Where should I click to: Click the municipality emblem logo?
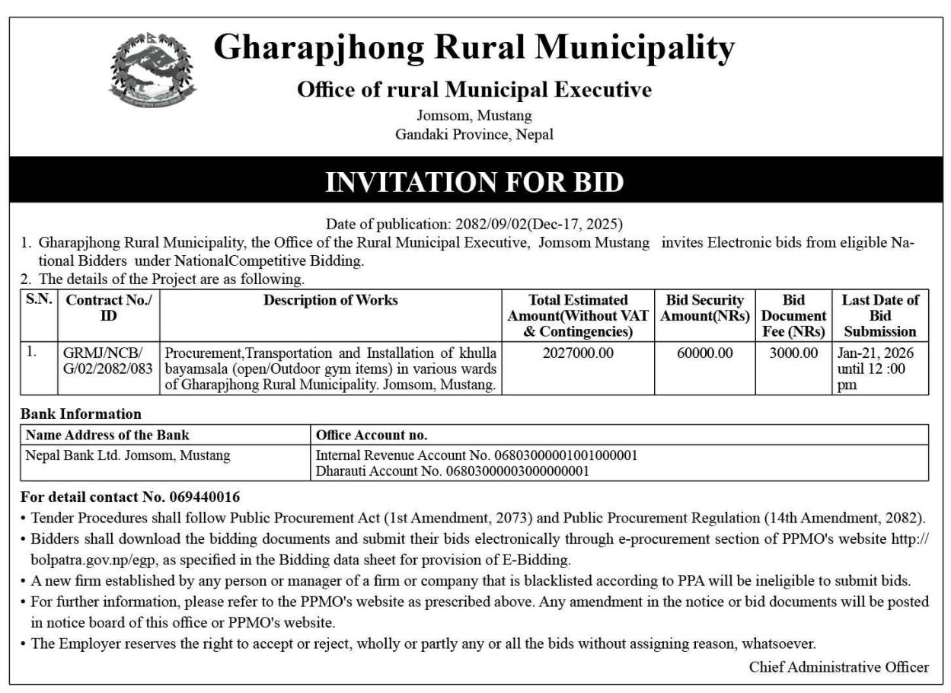[x=152, y=70]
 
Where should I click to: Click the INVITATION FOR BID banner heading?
[x=474, y=182]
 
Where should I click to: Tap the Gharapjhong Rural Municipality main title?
[x=474, y=49]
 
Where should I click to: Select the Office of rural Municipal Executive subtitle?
[x=474, y=90]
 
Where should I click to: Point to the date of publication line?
[x=474, y=224]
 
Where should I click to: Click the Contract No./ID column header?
[x=109, y=308]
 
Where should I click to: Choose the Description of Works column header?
[x=330, y=301]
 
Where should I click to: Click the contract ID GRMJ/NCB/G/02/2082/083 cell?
[x=108, y=361]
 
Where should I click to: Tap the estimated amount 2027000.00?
[x=578, y=353]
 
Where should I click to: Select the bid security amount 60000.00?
[x=705, y=353]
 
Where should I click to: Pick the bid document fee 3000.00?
[x=793, y=353]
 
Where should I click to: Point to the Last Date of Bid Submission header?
[x=879, y=315]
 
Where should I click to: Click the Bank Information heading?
[x=81, y=414]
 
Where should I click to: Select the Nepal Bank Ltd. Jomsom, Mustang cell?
[x=128, y=455]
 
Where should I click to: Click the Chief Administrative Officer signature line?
[x=838, y=667]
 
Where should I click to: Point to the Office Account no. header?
[x=372, y=436]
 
